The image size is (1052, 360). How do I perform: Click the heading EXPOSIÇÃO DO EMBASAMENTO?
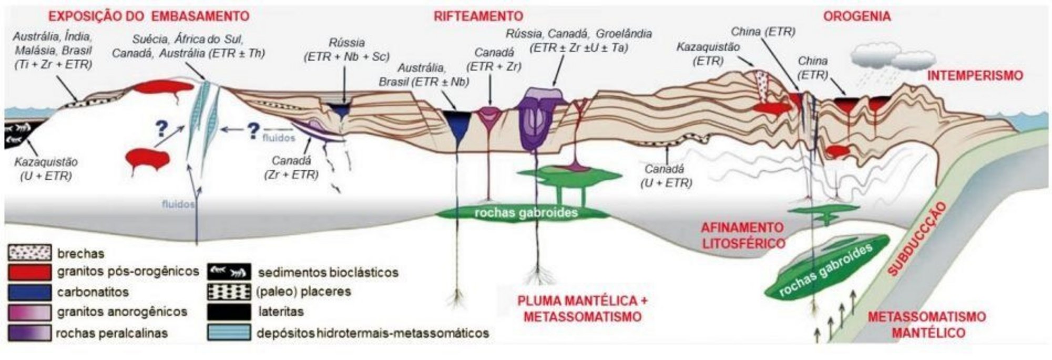[149, 16]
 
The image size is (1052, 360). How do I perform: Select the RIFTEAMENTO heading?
[478, 16]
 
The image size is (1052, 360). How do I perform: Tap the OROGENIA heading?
[856, 16]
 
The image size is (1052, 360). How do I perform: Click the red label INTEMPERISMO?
[975, 76]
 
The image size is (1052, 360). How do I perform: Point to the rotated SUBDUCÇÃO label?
[915, 239]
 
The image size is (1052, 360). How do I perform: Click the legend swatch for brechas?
[29, 253]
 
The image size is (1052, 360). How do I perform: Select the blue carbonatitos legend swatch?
[29, 292]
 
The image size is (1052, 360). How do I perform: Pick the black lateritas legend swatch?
[229, 312]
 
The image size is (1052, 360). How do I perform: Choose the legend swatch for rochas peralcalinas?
[29, 333]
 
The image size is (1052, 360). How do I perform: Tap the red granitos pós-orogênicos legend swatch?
[29, 272]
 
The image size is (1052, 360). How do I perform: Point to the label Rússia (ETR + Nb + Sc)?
[346, 50]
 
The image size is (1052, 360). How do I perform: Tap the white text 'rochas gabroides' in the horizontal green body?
[526, 212]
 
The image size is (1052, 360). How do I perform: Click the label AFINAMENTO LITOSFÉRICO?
[742, 235]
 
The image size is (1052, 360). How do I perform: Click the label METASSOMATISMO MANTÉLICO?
[926, 325]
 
